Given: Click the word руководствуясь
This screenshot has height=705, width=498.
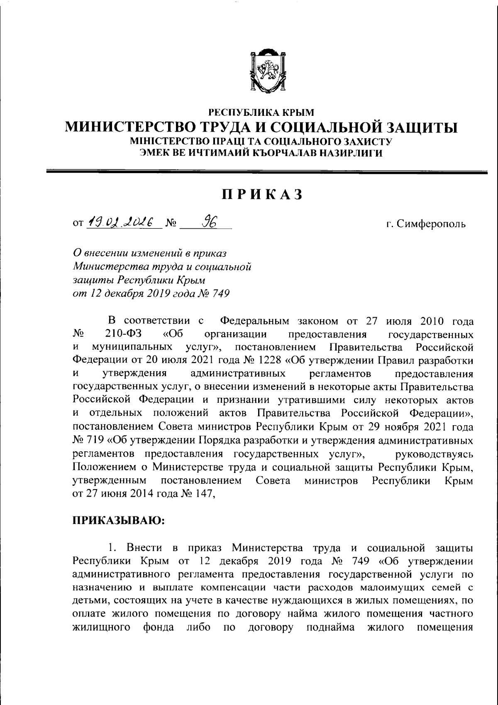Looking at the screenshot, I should click(x=435, y=454).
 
